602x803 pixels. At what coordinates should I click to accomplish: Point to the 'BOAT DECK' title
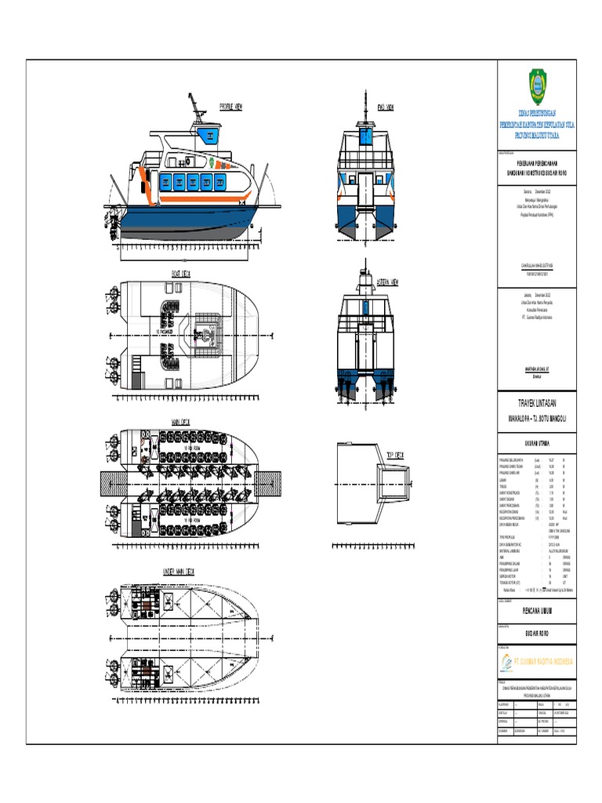[181, 274]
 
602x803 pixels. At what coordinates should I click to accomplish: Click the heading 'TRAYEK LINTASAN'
[537, 402]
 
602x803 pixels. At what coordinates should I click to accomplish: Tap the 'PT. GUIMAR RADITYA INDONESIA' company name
[546, 662]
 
